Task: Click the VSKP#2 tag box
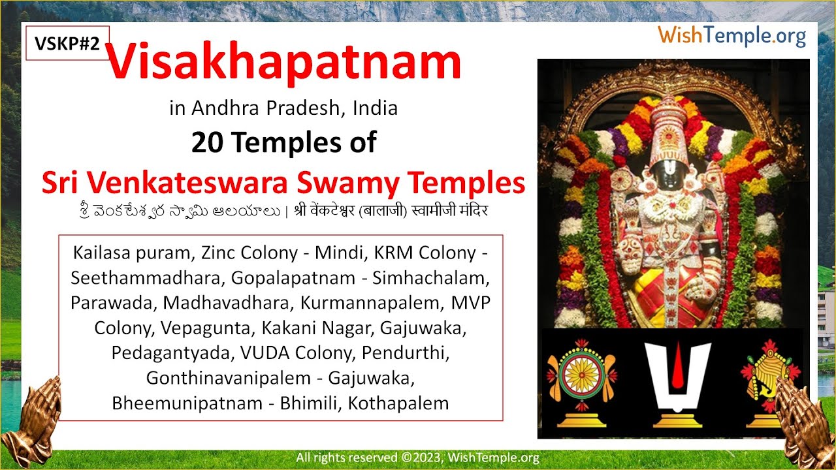pyautogui.click(x=67, y=44)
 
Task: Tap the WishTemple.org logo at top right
pyautogui.click(x=731, y=35)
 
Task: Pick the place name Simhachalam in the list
pyautogui.click(x=431, y=277)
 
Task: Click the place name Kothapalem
pyautogui.click(x=398, y=403)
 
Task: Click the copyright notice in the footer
pyautogui.click(x=417, y=458)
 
